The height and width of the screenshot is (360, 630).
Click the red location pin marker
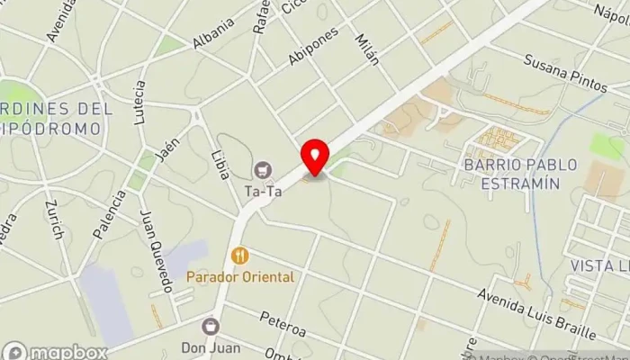click(315, 157)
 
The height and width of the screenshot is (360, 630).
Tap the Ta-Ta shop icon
click(263, 168)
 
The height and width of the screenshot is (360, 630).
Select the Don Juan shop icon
click(211, 326)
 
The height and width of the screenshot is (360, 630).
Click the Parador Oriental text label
click(240, 277)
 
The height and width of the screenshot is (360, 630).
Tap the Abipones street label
click(313, 46)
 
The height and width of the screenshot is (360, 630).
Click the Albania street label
click(213, 34)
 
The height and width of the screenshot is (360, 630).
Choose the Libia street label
click(219, 158)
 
